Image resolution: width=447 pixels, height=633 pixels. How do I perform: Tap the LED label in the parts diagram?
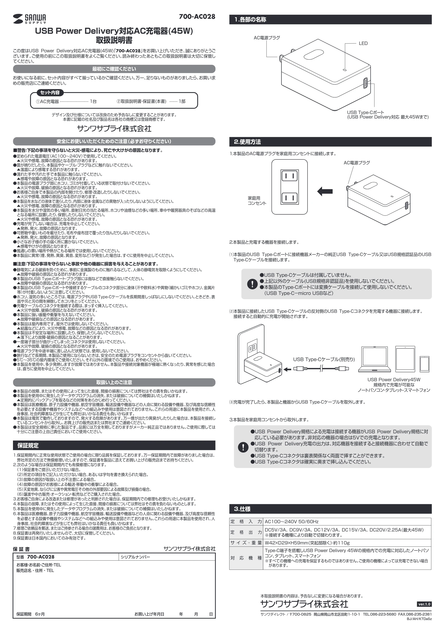click(x=363, y=44)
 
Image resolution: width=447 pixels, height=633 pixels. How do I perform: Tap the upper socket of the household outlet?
click(x=290, y=176)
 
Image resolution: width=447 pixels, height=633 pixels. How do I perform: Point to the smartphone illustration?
click(x=424, y=364)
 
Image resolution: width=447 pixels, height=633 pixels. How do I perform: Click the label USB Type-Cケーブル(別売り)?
click(x=324, y=360)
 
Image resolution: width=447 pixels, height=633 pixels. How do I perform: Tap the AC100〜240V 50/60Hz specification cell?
click(x=292, y=522)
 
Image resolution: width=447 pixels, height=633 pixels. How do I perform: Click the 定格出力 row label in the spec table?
click(x=246, y=532)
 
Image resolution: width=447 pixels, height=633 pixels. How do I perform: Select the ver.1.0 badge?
click(x=424, y=604)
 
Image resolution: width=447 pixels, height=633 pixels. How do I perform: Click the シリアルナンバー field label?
click(x=135, y=557)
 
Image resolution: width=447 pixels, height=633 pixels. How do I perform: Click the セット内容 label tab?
click(x=50, y=93)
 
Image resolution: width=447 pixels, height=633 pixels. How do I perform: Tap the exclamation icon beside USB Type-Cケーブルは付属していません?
click(x=252, y=284)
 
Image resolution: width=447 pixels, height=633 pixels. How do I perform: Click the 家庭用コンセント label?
click(x=257, y=201)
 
